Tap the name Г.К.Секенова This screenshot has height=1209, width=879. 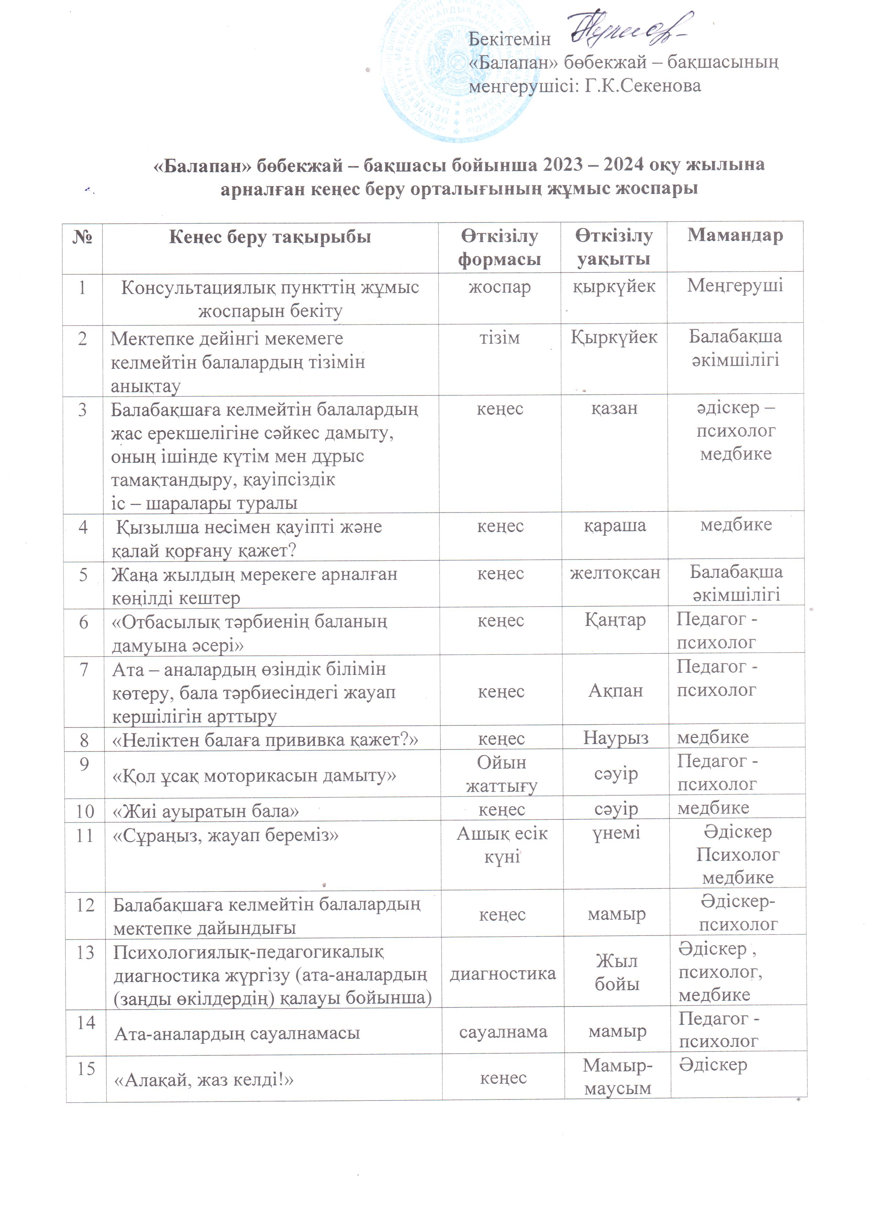point(642,85)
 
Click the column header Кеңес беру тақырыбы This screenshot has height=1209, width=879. point(270,237)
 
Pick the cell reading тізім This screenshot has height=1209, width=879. point(499,338)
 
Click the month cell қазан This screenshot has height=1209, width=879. point(614,408)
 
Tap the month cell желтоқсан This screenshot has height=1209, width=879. point(614,573)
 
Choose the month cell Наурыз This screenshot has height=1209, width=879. point(616,738)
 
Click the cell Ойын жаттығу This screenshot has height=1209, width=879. point(501,774)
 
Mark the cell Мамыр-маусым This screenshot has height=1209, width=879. point(617,1076)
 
